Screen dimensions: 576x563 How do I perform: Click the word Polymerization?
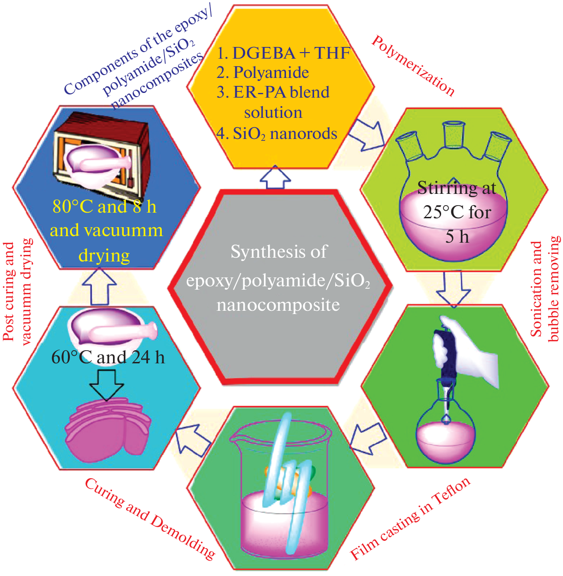click(413, 66)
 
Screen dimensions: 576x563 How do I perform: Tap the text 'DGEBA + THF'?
click(291, 53)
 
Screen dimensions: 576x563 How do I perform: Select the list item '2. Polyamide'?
click(263, 72)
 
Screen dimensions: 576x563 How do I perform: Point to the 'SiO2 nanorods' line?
click(277, 134)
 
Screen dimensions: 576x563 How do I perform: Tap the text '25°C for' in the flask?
click(457, 212)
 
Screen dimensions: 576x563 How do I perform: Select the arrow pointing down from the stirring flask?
click(453, 288)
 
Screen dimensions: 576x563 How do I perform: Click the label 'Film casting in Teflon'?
click(411, 519)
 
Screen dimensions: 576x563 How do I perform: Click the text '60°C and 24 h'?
click(108, 357)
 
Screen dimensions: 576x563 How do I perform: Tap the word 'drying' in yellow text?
click(104, 255)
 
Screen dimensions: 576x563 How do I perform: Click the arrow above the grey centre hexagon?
click(275, 178)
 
